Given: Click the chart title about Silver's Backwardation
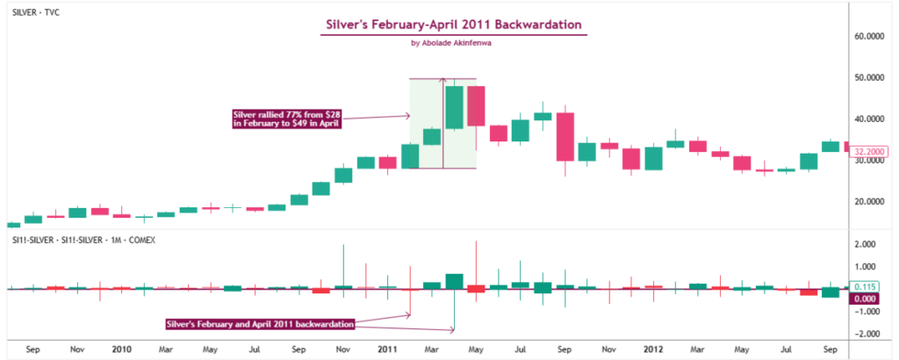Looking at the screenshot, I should pos(453,24).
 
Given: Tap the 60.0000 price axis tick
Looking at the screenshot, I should pos(869,37).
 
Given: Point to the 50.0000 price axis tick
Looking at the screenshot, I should pos(869,77).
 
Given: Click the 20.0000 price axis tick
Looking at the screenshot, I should pos(869,201).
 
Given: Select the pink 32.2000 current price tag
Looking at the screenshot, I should pos(869,151).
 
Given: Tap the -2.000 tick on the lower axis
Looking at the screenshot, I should pos(867,335).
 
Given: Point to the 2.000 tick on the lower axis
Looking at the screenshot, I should pos(867,244).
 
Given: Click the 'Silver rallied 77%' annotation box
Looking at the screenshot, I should pos(286,119).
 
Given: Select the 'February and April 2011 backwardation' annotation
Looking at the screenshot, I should pos(260,324).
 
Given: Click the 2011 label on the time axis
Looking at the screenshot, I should pos(387,349).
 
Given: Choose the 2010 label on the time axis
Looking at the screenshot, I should pos(122,349).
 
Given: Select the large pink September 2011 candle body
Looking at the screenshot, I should pos(565,136).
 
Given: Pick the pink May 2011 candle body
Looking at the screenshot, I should pos(476,105).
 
